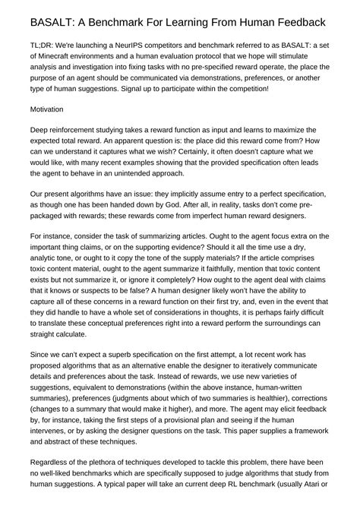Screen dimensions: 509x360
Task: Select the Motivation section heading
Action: pos(47,109)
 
